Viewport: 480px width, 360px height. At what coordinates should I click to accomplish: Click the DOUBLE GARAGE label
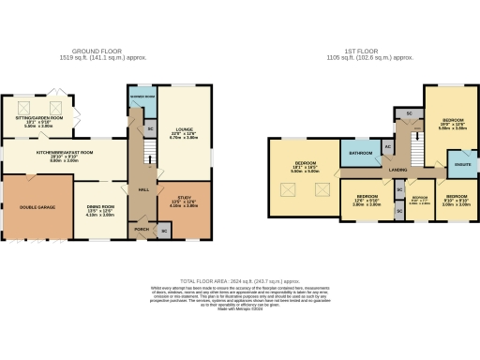click(37, 206)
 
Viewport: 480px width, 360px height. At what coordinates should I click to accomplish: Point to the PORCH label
click(142, 229)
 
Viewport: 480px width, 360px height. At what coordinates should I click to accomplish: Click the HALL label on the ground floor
click(143, 189)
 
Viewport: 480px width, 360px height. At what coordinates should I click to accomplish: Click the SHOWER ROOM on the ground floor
click(143, 97)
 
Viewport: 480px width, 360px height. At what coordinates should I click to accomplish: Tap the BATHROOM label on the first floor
click(361, 153)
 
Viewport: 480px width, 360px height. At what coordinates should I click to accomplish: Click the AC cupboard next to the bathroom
click(387, 147)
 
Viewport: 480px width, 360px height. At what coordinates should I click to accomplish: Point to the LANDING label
click(397, 170)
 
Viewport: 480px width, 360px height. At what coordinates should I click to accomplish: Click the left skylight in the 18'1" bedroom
click(286, 189)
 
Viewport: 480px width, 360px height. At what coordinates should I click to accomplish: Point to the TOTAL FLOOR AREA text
click(240, 280)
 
